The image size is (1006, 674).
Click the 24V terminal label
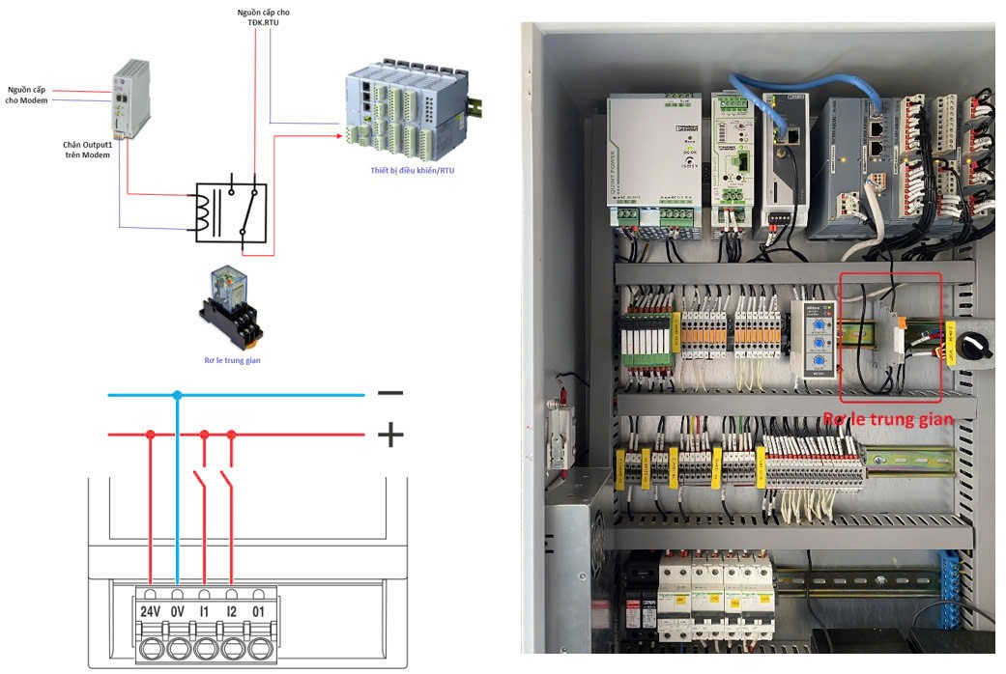[x=150, y=610]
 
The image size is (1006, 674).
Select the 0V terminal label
[x=177, y=610]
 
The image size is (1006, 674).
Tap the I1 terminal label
[x=204, y=610]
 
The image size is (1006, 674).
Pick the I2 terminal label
[x=231, y=610]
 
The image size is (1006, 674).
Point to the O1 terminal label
[x=258, y=610]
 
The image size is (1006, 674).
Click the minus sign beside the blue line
[x=389, y=393]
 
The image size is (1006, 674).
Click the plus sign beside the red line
[x=389, y=435]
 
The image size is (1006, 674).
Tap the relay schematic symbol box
[x=231, y=211]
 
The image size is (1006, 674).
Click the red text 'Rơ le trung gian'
[x=888, y=419]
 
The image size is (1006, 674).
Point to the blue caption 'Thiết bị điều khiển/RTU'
[x=412, y=171]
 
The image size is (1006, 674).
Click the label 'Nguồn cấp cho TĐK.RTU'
[x=263, y=17]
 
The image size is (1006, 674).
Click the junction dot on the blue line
[x=177, y=395]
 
